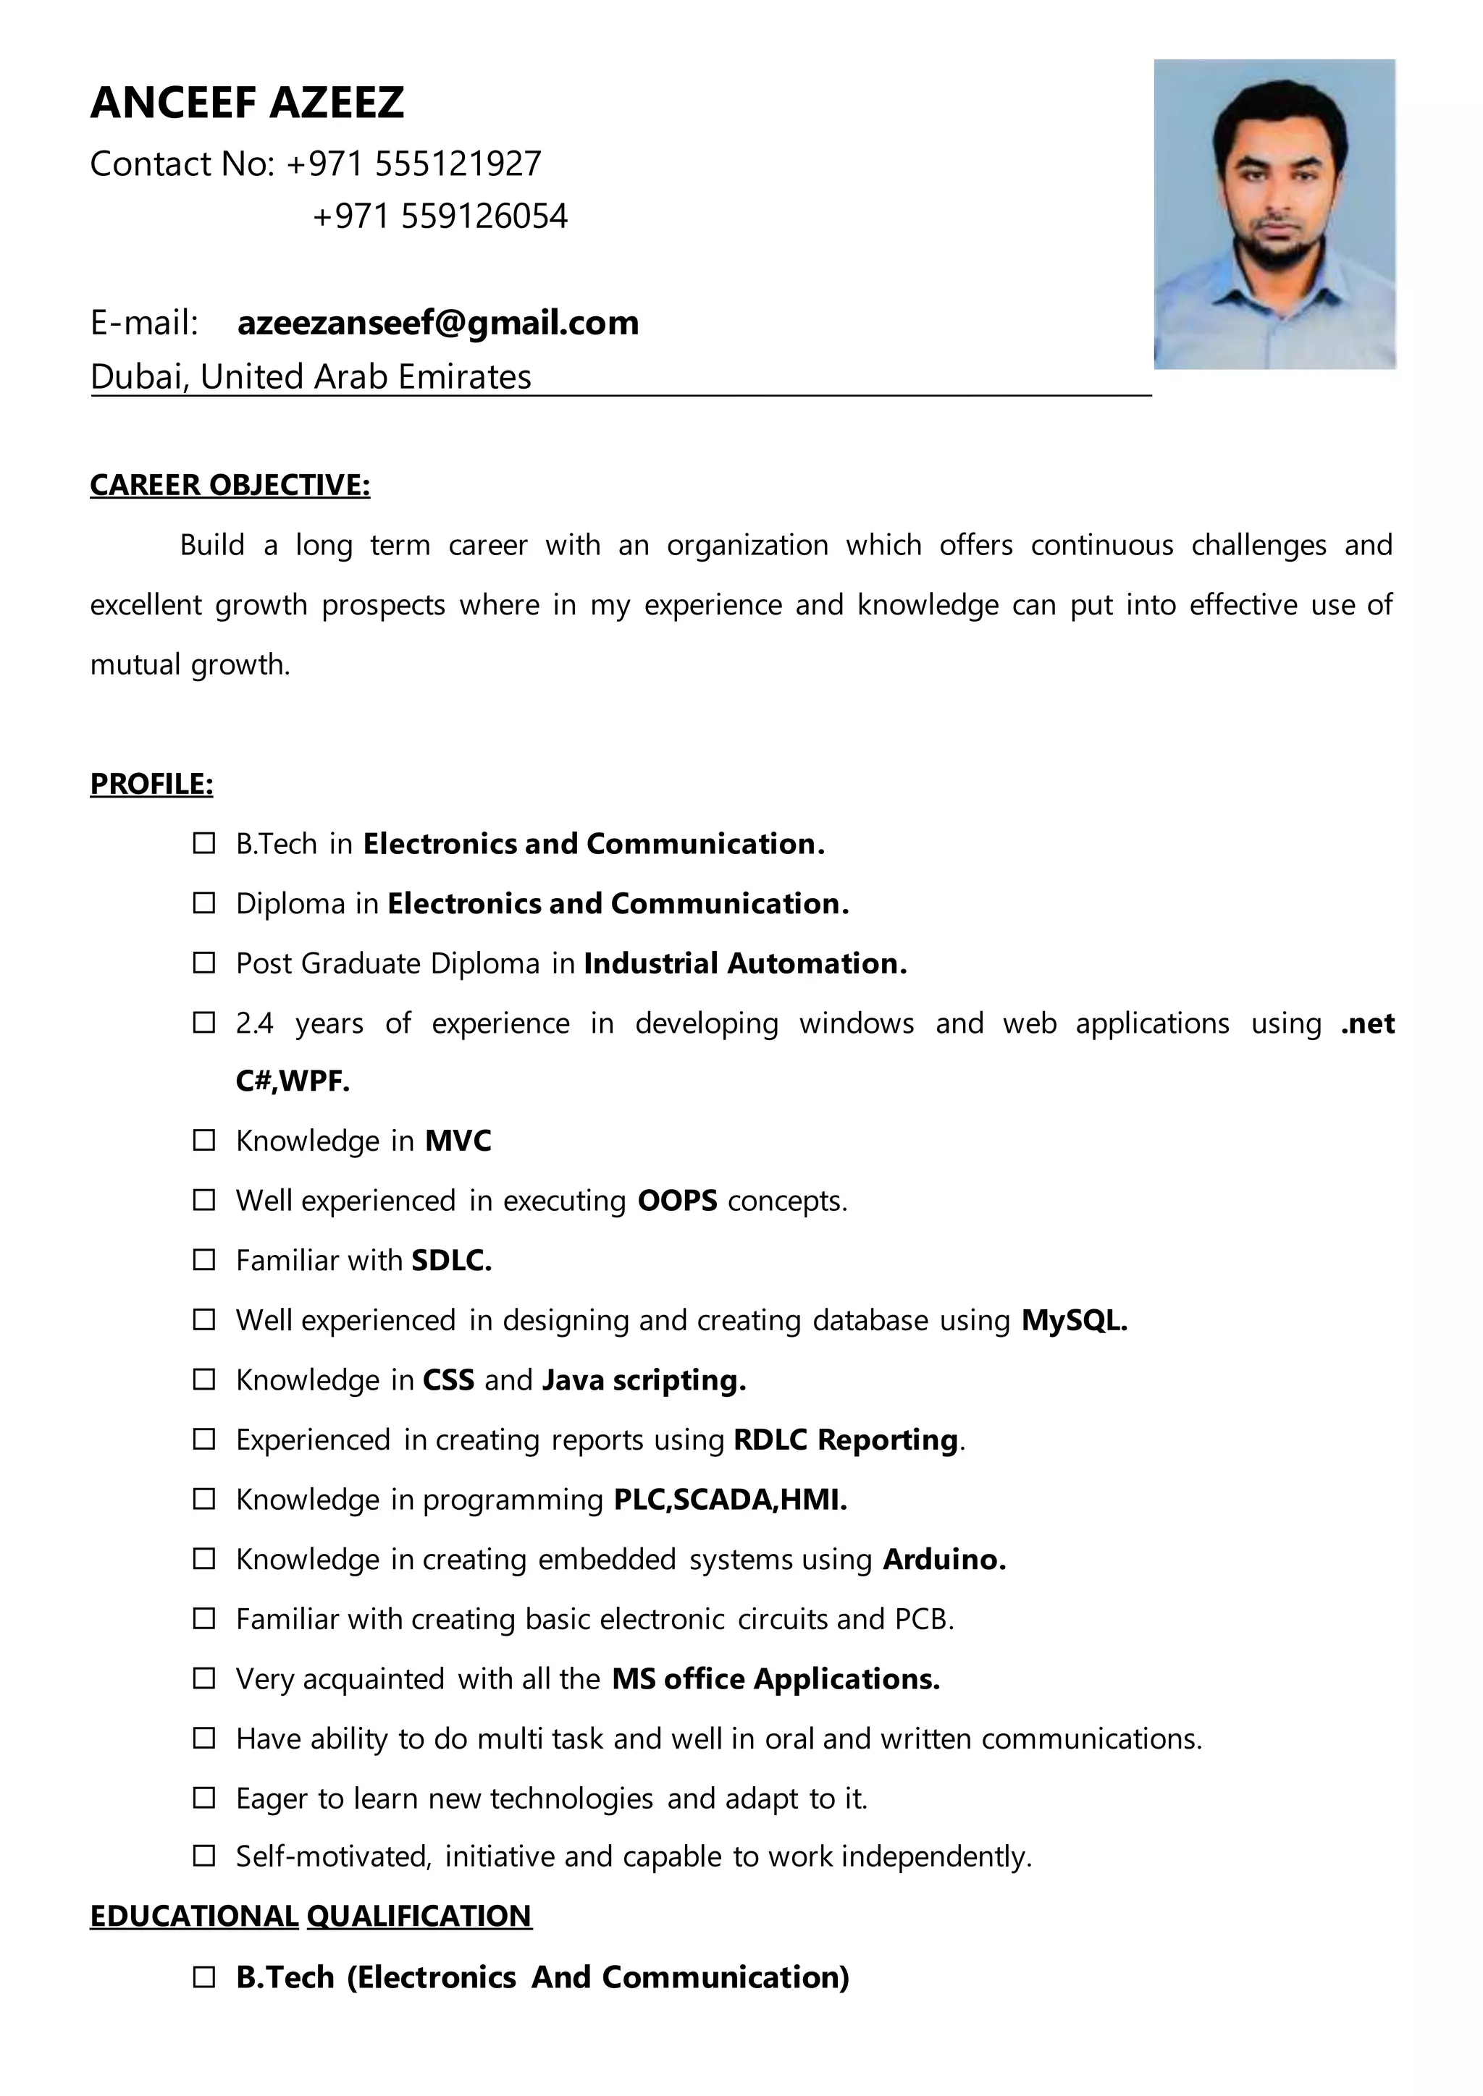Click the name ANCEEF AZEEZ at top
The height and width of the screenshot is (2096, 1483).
(x=246, y=102)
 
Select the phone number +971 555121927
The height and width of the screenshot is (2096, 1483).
(x=413, y=164)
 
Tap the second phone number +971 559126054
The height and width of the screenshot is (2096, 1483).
(x=440, y=216)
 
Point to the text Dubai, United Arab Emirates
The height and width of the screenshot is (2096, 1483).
(x=311, y=377)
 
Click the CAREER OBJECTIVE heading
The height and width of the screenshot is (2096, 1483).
(x=230, y=485)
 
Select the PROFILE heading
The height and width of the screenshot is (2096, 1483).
(x=151, y=783)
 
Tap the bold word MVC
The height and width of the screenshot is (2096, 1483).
(x=458, y=1141)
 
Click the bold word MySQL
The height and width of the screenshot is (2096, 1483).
(x=1074, y=1320)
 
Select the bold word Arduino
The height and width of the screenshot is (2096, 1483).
(x=944, y=1559)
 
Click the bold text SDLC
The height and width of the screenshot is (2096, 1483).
(x=451, y=1261)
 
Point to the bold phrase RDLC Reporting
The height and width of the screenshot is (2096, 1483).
(x=846, y=1440)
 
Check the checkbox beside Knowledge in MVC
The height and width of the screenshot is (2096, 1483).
(x=203, y=1141)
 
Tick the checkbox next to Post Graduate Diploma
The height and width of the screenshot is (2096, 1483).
(x=203, y=963)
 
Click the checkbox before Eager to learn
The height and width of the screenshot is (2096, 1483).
(x=203, y=1799)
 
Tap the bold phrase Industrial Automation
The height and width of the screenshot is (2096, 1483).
(x=744, y=963)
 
